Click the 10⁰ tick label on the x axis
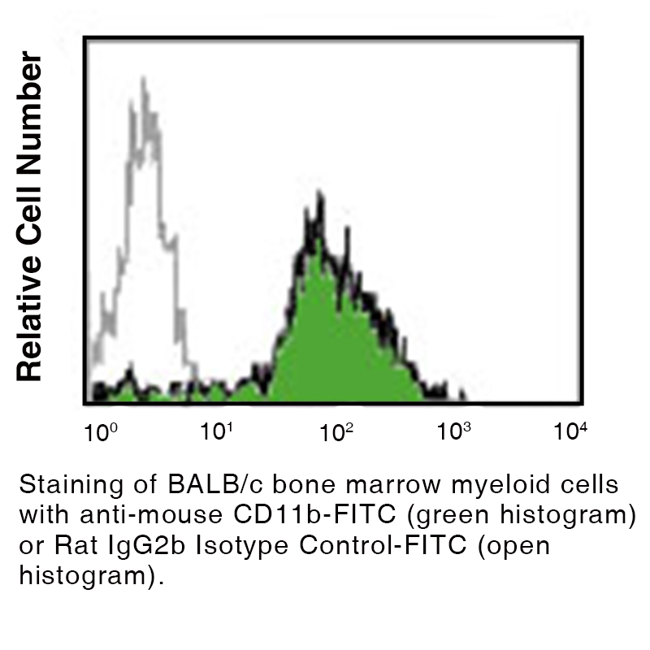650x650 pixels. tap(101, 432)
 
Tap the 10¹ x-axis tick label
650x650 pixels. tap(216, 431)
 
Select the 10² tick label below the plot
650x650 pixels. tap(336, 432)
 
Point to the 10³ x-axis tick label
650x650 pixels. tap(454, 431)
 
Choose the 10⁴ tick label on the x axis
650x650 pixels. tap(570, 431)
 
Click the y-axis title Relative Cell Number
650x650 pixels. tap(29, 216)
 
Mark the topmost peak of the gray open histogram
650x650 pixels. tap(144, 79)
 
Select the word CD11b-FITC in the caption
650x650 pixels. tap(314, 514)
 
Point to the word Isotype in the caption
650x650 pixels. tap(241, 546)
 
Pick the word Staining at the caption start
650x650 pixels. tap(71, 485)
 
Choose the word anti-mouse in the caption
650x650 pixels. tap(151, 515)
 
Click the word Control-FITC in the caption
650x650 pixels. tap(383, 545)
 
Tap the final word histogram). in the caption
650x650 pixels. tap(92, 576)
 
